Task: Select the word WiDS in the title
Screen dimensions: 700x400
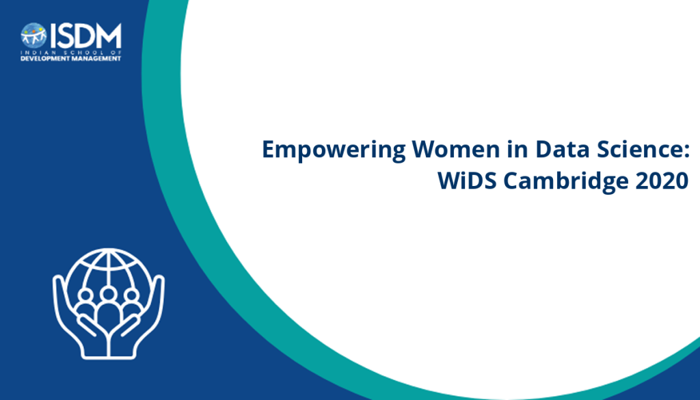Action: coord(467,181)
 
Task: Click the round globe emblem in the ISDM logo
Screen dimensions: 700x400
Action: coord(33,36)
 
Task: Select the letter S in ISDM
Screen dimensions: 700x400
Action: coord(66,36)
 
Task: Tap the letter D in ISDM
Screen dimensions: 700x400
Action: coord(84,36)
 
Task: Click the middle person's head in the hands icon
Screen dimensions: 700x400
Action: coord(108,294)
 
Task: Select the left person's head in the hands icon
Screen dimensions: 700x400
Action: coord(85,295)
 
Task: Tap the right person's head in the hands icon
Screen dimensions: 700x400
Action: coord(131,295)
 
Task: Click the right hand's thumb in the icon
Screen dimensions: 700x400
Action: coord(129,325)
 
